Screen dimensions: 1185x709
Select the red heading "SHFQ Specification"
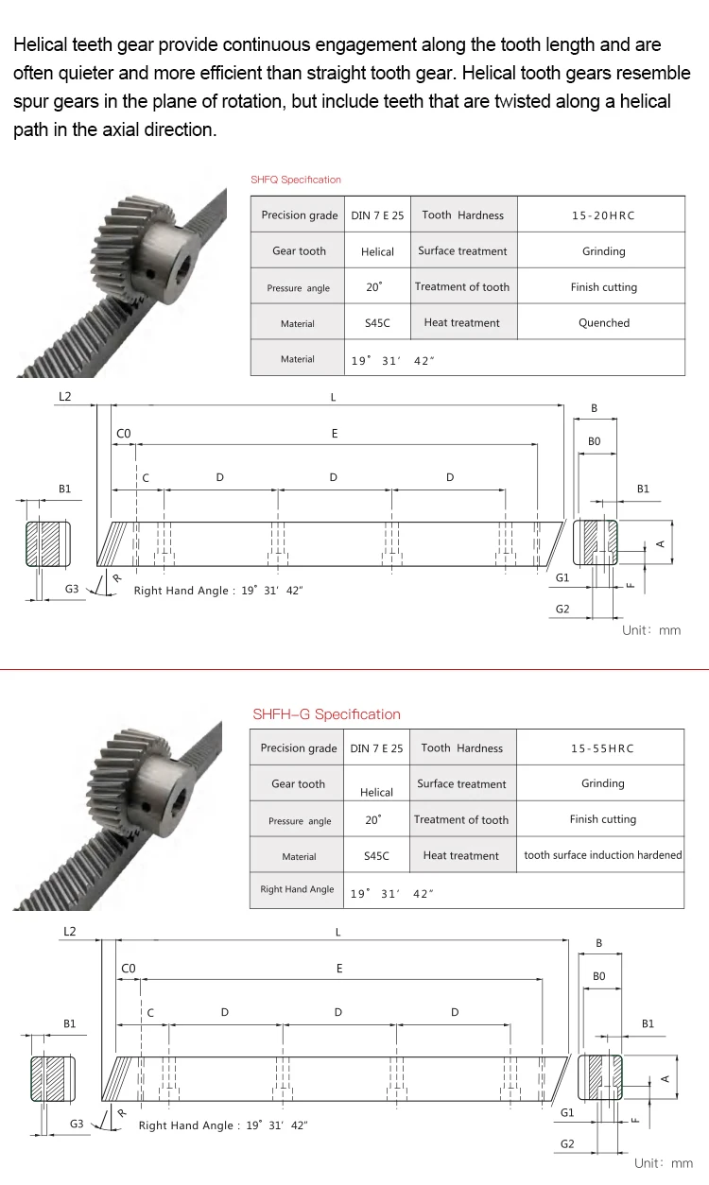(295, 180)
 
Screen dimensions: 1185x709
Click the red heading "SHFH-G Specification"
(326, 714)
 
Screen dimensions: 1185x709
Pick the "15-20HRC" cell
(603, 215)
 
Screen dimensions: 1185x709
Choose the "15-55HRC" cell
(602, 748)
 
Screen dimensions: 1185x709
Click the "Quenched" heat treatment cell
(603, 323)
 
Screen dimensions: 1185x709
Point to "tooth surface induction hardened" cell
(602, 855)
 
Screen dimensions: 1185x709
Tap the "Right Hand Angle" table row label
(297, 889)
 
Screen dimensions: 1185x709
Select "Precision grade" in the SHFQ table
(299, 215)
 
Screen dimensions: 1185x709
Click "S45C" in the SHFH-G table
(376, 856)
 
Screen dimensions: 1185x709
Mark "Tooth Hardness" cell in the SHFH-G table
(461, 748)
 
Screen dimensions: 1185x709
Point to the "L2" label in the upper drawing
(64, 397)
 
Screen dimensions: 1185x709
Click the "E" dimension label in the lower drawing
(339, 969)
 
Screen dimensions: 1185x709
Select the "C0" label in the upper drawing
(124, 434)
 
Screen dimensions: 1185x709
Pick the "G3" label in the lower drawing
(78, 1125)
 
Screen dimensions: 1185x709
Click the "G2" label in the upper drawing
(562, 610)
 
